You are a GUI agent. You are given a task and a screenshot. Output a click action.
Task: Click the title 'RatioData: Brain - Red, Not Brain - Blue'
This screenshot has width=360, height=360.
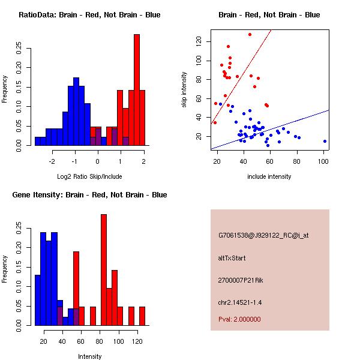pyautogui.click(x=89, y=14)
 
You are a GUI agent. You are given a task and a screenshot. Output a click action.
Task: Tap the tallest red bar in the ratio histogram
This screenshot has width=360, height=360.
pyautogui.click(x=137, y=90)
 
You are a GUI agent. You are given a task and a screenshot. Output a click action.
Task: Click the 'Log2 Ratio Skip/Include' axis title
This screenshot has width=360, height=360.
pyautogui.click(x=89, y=176)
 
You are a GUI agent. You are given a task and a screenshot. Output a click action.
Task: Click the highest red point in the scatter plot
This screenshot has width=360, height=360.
pyautogui.click(x=250, y=34)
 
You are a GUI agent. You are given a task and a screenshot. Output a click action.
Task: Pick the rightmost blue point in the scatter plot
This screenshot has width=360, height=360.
pyautogui.click(x=325, y=141)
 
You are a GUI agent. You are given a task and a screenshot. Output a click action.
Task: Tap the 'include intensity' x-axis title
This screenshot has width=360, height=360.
pyautogui.click(x=269, y=176)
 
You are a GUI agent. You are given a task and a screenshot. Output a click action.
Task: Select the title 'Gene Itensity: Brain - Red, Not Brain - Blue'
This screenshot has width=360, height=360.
pyautogui.click(x=89, y=194)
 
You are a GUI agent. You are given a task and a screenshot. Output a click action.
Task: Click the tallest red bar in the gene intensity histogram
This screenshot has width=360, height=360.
pyautogui.click(x=104, y=269)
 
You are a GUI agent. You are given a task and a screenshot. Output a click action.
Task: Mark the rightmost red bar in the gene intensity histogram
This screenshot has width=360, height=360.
pyautogui.click(x=142, y=316)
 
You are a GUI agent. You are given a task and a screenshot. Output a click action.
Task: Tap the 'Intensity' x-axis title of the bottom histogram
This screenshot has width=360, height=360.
pyautogui.click(x=89, y=356)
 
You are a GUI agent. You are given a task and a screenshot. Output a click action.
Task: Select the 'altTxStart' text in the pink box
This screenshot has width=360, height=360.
pyautogui.click(x=232, y=258)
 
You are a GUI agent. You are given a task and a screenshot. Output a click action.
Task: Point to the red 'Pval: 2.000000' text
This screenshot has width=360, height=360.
pyautogui.click(x=239, y=319)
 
